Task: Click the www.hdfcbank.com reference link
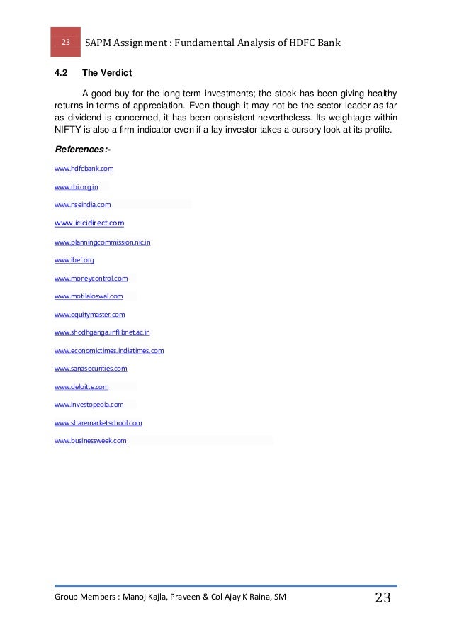(84, 169)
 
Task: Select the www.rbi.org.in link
(76, 187)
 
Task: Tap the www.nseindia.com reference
(82, 205)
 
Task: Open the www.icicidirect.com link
(89, 223)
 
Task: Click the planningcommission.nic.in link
(102, 242)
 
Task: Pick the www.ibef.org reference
(74, 260)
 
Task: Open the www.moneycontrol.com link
(91, 279)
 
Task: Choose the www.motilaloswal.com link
(89, 296)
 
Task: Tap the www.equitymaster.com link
(89, 315)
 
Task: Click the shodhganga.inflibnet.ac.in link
(102, 332)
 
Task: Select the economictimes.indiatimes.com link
(109, 351)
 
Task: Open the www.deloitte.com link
(81, 387)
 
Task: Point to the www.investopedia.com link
(89, 405)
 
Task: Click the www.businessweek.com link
(90, 441)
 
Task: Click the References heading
(82, 150)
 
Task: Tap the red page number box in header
(65, 43)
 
